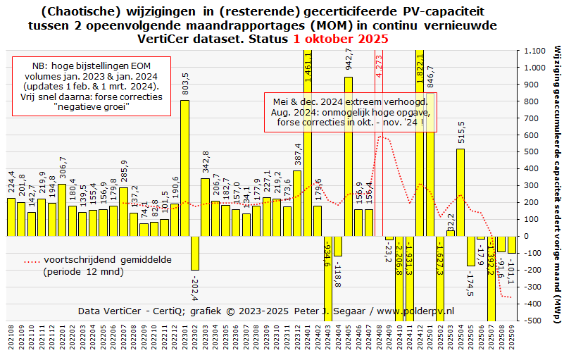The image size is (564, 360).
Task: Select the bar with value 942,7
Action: [x=349, y=156]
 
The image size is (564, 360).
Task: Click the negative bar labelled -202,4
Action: [x=195, y=253]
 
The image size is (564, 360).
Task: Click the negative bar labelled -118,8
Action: [x=338, y=246]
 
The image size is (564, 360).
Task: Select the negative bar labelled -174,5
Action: [x=470, y=251]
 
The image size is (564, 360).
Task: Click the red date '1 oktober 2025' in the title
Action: [x=341, y=39]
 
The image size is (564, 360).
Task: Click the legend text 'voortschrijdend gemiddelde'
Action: [x=107, y=259]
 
